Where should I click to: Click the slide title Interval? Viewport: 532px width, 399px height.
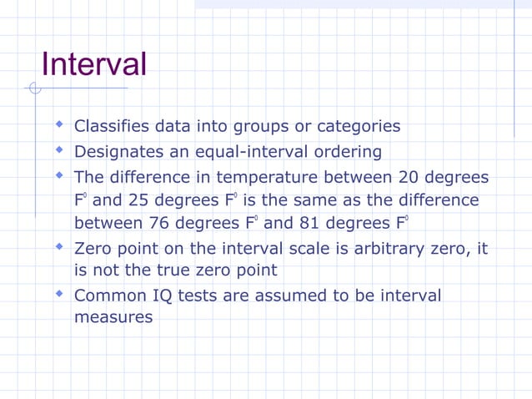coord(93,63)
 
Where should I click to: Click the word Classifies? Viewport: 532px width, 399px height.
coord(112,127)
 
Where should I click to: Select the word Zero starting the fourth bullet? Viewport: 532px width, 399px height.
coord(93,249)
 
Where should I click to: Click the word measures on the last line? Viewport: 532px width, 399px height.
coord(114,318)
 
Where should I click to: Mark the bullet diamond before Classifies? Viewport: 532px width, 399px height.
coord(58,126)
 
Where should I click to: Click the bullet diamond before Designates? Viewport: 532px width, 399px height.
coord(58,151)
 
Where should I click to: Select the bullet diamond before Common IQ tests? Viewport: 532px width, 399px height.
coord(58,295)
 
